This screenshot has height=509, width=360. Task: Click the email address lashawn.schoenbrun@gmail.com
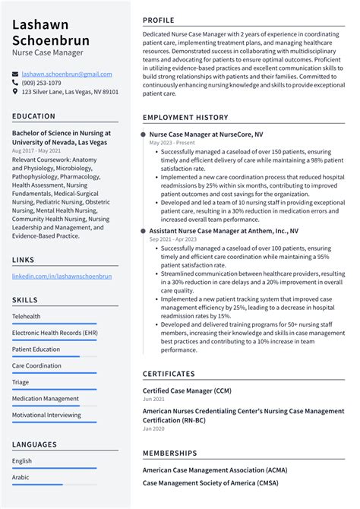[67, 74]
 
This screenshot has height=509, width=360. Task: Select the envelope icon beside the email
[15, 74]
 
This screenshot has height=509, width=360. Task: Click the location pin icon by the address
[15, 91]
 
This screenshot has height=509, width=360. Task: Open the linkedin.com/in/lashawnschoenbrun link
[62, 276]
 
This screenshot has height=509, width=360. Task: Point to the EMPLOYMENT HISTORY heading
[185, 118]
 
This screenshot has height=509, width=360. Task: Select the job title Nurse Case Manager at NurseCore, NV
[207, 134]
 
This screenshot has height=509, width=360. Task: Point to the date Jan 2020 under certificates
[153, 429]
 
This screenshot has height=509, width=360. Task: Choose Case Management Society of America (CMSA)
[210, 482]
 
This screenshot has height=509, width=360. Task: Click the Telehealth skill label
[27, 316]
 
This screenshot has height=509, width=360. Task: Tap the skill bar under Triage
[54, 390]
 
